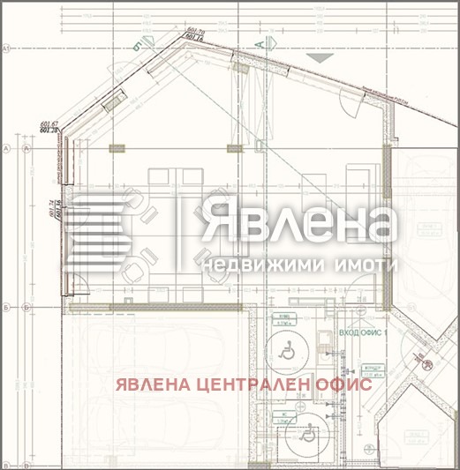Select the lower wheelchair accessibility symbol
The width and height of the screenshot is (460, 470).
[309, 433]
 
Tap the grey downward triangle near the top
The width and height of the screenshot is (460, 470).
[319, 56]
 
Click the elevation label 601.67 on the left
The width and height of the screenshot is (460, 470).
[49, 124]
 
